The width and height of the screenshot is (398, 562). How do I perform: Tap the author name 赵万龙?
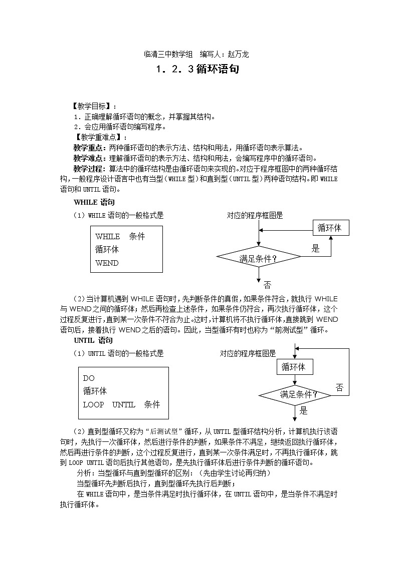click(x=238, y=54)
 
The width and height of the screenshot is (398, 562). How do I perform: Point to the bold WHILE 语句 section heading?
click(x=94, y=203)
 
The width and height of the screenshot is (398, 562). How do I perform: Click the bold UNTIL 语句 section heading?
click(x=93, y=340)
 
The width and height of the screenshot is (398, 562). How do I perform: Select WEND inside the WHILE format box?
click(x=107, y=263)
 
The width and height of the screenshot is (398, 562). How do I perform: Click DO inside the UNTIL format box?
click(x=89, y=378)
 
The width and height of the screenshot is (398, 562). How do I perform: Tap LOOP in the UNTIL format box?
click(x=93, y=404)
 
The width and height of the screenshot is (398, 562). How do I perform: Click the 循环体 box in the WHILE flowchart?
click(x=330, y=228)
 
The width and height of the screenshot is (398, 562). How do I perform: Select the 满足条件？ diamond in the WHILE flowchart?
click(x=259, y=258)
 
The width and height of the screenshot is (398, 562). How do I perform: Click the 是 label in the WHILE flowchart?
click(x=315, y=248)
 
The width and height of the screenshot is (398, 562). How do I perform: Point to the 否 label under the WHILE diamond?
click(x=267, y=285)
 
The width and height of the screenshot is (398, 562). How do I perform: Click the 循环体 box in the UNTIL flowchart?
click(x=294, y=367)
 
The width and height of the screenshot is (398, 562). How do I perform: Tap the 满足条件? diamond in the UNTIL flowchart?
click(x=295, y=395)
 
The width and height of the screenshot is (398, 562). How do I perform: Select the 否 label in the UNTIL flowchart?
click(x=339, y=387)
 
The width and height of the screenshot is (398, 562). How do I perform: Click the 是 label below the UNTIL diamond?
click(x=303, y=411)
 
